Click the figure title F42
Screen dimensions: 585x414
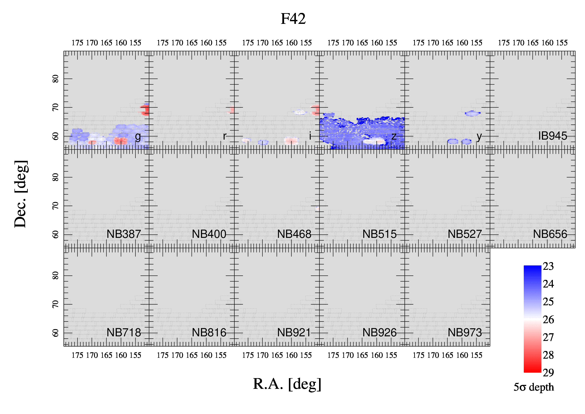(x=293, y=19)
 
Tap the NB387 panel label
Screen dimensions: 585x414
(x=124, y=234)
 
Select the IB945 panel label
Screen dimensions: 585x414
(x=553, y=136)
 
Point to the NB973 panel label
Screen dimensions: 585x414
(x=465, y=332)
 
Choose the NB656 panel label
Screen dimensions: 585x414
(x=550, y=234)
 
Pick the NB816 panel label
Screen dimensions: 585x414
(x=209, y=332)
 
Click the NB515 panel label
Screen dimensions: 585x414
(x=379, y=234)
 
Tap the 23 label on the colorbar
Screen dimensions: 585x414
(x=548, y=266)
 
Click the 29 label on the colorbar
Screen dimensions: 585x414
(x=548, y=373)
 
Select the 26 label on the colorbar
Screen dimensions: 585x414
(x=548, y=319)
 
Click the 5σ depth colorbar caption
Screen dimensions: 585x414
(x=534, y=387)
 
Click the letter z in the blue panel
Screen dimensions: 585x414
(x=394, y=136)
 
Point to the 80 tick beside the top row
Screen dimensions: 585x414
(x=55, y=79)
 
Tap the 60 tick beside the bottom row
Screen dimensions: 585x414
(x=55, y=333)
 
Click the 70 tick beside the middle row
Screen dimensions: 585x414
(x=55, y=206)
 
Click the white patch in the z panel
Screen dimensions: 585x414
(x=374, y=141)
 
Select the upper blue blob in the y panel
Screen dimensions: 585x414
(x=472, y=113)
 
